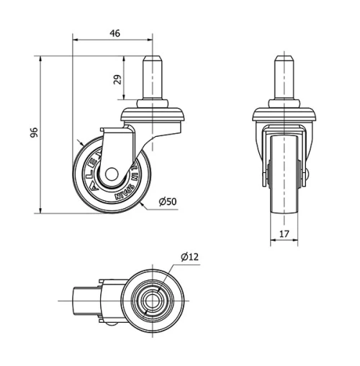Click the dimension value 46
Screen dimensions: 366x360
113,32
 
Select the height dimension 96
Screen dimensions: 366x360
33,133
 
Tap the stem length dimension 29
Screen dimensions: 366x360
117,81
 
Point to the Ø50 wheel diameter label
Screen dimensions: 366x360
167,201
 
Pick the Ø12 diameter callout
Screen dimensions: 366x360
189,256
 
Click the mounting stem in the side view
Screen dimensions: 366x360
153,79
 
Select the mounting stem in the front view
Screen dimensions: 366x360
284,79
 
